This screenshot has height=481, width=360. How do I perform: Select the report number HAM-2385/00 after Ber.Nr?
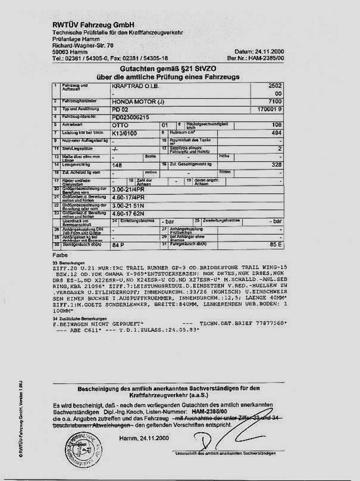266,58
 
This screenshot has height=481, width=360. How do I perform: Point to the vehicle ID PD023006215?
131,117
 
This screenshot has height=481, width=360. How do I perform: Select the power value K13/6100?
124,133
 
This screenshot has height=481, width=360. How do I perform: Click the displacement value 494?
277,133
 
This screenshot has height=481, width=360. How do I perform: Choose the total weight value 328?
277,164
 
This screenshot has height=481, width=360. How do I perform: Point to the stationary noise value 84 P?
118,245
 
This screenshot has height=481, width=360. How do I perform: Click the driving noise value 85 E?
276,244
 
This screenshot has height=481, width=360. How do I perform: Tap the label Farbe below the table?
60,255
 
